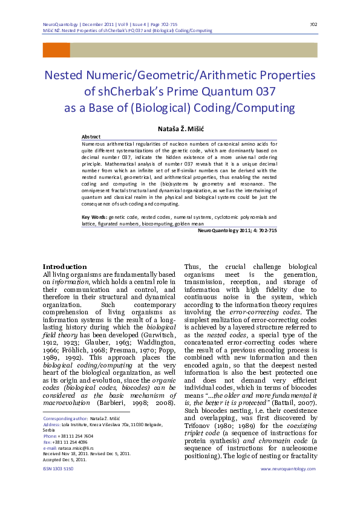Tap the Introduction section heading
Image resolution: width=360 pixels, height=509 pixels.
(64, 267)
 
